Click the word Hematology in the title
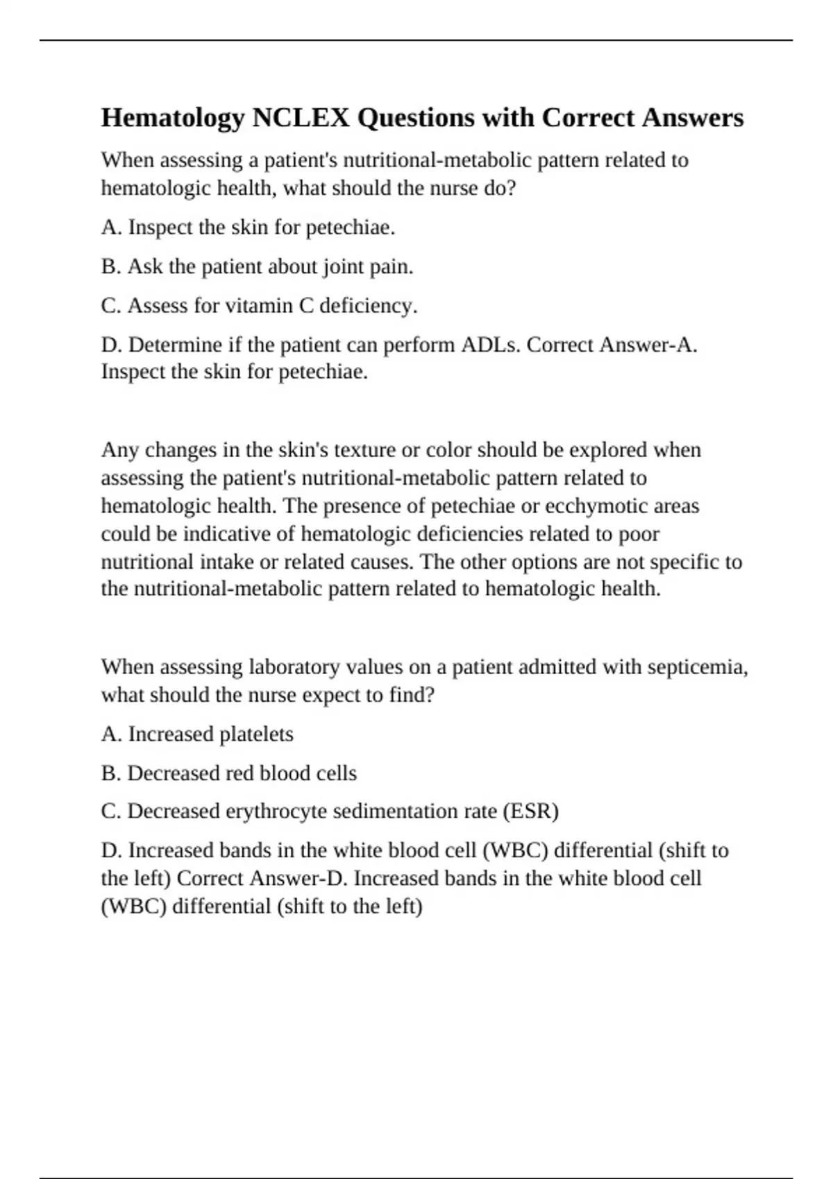pos(173,119)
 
